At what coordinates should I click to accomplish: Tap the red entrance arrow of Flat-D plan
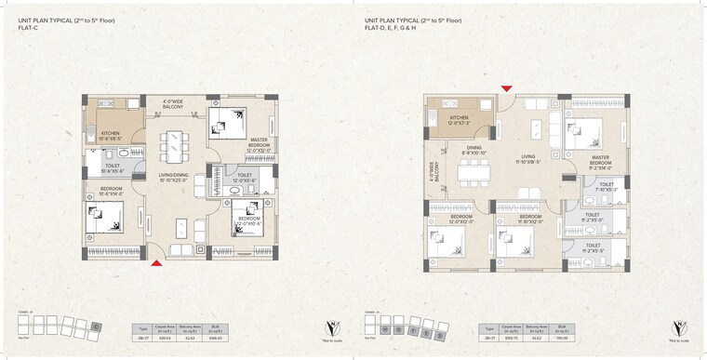tap(506, 88)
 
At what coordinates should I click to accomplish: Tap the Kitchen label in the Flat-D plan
tap(460, 120)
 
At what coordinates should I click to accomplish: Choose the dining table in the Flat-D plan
tap(474, 171)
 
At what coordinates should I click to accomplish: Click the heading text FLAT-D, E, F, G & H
tap(400, 28)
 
